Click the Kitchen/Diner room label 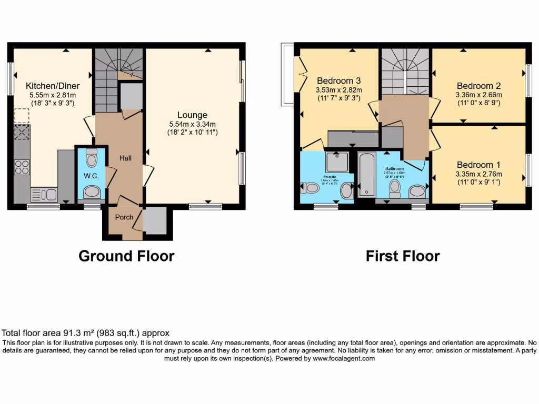(x=52, y=85)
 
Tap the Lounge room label (x=192, y=115)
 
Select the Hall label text (x=125, y=158)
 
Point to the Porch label (x=124, y=217)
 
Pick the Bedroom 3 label (x=338, y=80)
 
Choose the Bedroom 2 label (x=478, y=86)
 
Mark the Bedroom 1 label (x=478, y=164)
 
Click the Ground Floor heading (x=126, y=256)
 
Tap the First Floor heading (x=403, y=256)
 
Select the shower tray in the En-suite (x=336, y=161)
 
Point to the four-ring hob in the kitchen (x=22, y=167)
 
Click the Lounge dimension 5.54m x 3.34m (x=192, y=124)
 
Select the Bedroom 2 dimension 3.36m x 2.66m (x=478, y=95)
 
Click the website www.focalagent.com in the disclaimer (x=343, y=358)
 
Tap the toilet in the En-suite (x=311, y=187)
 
